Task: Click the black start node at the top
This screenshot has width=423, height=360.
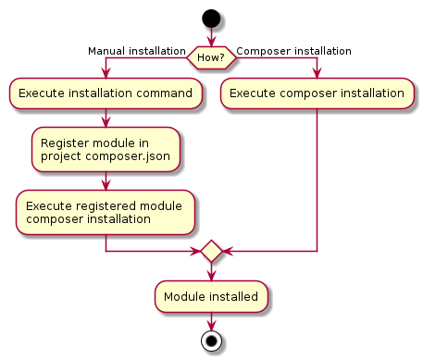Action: pos(212,18)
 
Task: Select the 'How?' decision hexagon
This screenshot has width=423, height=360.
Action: pos(212,57)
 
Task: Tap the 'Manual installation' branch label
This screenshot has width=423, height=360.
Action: pos(136,51)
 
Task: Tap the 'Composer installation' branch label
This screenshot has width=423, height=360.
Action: pos(293,51)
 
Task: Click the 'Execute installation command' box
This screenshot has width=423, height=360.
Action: pos(106,93)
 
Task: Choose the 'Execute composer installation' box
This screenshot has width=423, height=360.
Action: pos(317,93)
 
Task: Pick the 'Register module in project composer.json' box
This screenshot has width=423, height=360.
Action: pos(106,150)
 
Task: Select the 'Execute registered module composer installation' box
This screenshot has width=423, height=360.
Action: pos(106,213)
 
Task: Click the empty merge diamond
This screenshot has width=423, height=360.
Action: pos(212,251)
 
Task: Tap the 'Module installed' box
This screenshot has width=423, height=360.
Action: pos(212,297)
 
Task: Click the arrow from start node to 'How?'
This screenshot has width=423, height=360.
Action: pos(212,36)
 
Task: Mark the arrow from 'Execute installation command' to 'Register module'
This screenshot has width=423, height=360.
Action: pos(106,118)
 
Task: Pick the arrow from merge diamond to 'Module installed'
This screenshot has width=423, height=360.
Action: pos(212,272)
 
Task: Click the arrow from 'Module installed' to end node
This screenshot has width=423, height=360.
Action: pos(212,320)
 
